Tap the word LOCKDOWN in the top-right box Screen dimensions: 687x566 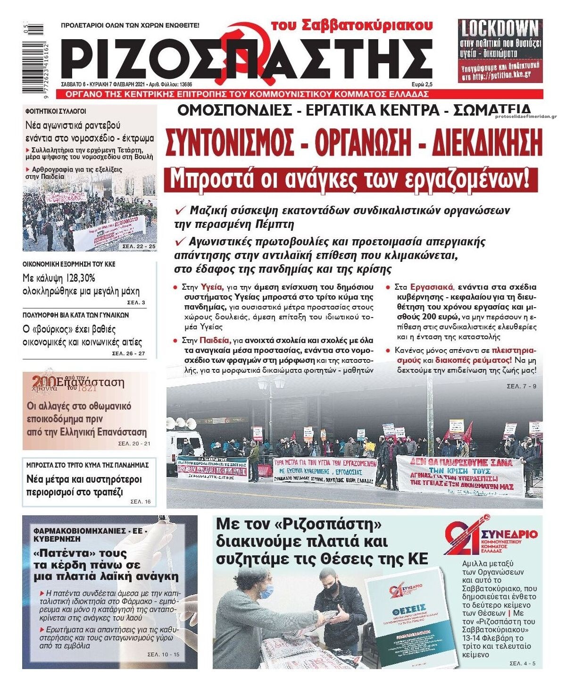[499, 29]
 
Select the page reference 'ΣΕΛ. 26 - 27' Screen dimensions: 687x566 [128, 353]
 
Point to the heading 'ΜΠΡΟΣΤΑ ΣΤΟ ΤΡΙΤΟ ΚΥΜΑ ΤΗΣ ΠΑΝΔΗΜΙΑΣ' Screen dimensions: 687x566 [88, 465]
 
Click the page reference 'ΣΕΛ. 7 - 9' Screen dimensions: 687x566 [521, 386]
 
